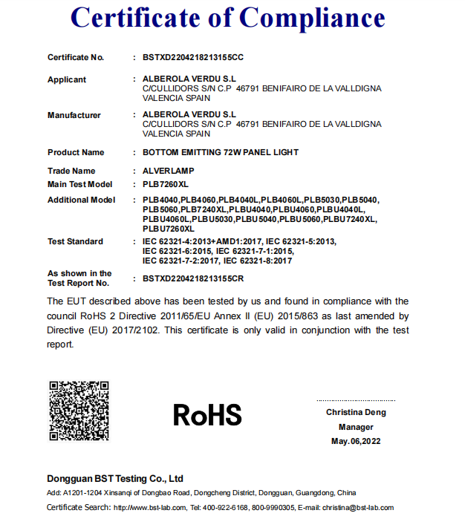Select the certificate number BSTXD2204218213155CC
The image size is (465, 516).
(192, 57)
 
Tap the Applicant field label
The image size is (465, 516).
(67, 79)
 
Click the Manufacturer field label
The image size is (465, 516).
(74, 115)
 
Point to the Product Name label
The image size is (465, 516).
(76, 152)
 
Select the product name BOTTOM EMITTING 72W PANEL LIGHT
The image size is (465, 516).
(220, 152)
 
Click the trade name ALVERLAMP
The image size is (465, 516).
(169, 172)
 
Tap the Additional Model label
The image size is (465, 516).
(82, 200)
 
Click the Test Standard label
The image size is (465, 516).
(75, 241)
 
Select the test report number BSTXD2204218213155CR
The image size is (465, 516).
(192, 278)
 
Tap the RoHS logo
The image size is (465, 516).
(207, 414)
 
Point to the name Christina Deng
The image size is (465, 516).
(356, 413)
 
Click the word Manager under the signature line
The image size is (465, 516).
(356, 427)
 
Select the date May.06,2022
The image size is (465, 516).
(356, 441)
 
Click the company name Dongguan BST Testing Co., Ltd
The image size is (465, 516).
(115, 479)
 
